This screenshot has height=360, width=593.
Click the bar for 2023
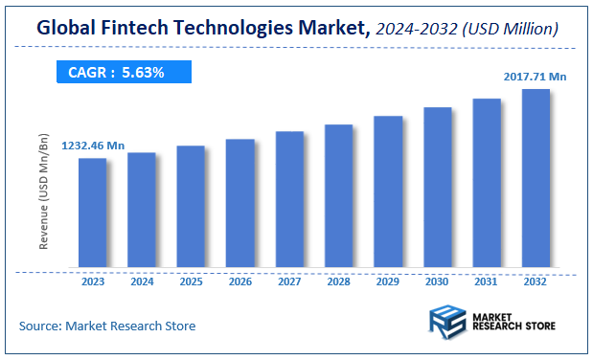click(x=92, y=213)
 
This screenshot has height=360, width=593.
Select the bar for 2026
click(x=239, y=203)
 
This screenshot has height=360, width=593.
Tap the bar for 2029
click(x=387, y=191)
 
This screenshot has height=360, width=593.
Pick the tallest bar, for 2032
click(x=535, y=178)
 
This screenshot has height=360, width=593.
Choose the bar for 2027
click(x=289, y=199)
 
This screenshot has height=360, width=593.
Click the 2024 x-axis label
click(x=141, y=281)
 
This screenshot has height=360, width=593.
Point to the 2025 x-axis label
click(x=191, y=281)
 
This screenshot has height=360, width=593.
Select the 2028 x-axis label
click(x=338, y=281)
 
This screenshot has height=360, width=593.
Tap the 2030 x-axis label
click(x=437, y=281)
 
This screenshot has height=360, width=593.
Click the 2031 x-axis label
click(x=487, y=281)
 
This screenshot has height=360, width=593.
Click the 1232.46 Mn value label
click(x=93, y=146)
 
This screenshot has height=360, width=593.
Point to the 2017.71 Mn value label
click(x=534, y=76)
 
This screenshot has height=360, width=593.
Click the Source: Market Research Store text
click(x=107, y=326)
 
